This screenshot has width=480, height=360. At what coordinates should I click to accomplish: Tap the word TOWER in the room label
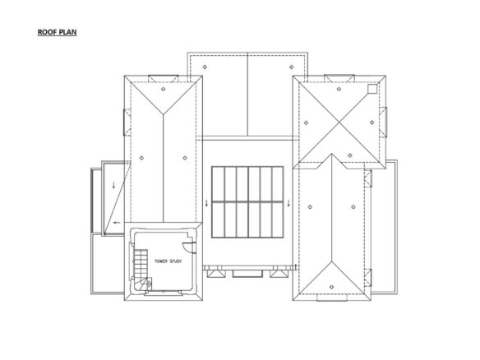pos(161,261)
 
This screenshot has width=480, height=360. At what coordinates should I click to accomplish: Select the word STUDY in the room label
pos(175,261)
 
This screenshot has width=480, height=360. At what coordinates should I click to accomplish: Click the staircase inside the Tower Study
pos(141,270)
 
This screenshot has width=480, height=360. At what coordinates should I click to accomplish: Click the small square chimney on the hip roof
pos(372,89)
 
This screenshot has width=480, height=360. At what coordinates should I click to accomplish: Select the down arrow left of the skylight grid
pos(206,203)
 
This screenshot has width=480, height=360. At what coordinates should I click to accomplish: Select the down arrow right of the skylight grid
pos(288,203)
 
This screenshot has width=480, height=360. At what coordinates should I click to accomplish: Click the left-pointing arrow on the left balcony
pos(117,223)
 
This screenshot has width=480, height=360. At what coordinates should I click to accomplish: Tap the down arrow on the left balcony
pos(114,185)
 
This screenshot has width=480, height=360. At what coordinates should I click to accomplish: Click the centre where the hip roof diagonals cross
pos(339,122)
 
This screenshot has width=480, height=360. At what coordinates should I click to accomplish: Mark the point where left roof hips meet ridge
pos(164,114)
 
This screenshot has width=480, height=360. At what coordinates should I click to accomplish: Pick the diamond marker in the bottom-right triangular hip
pos(331,287)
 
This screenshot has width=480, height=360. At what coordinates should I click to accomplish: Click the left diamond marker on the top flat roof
pos(205,67)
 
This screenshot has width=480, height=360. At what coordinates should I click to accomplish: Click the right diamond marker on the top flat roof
pos(292,67)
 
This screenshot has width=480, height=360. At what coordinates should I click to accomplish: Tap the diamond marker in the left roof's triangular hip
pos(164,89)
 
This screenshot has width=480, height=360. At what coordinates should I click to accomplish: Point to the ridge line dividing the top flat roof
pos(247,95)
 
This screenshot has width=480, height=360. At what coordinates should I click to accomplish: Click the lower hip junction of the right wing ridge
pos(331,261)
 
